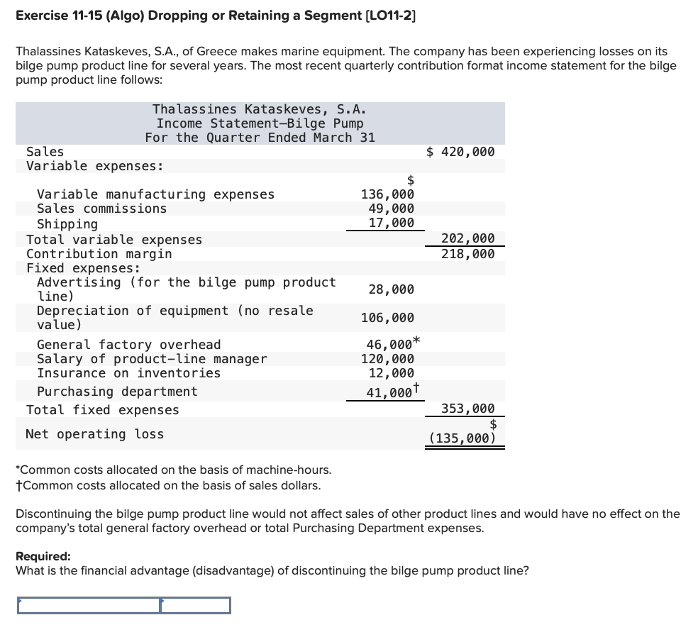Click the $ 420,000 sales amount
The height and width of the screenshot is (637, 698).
coord(460,152)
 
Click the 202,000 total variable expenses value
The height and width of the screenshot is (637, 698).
coord(468,239)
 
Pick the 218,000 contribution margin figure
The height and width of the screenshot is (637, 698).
coord(468,253)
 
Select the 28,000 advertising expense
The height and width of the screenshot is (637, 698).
coord(391,289)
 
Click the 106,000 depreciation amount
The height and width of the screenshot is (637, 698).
coord(387,318)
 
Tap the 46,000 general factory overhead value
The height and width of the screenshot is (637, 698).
coord(387,345)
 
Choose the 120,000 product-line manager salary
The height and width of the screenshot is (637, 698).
coord(387,359)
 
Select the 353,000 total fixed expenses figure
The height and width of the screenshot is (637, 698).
coord(468,409)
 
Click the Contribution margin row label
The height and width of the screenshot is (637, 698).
coord(99,253)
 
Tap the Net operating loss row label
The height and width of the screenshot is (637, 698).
coord(94,434)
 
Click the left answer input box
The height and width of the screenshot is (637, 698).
coord(89,605)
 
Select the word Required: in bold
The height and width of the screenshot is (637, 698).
coord(43,557)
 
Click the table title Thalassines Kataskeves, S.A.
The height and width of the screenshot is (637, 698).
coord(259,109)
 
